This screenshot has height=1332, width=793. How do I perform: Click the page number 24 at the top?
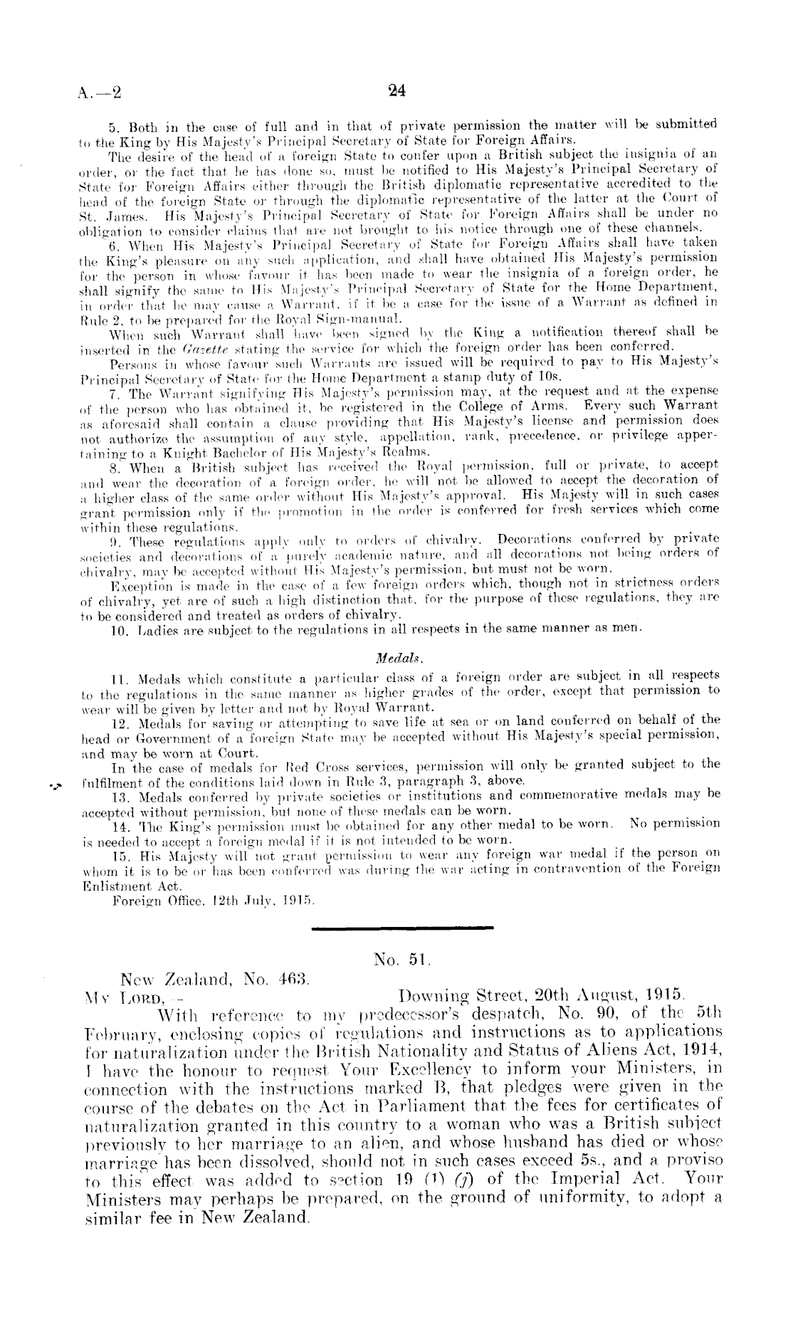pyautogui.click(x=397, y=90)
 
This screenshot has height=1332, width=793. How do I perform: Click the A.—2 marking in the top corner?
pyautogui.click(x=99, y=92)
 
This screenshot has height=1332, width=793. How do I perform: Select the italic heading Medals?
pyautogui.click(x=397, y=656)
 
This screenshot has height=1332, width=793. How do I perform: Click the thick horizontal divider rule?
pyautogui.click(x=403, y=928)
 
